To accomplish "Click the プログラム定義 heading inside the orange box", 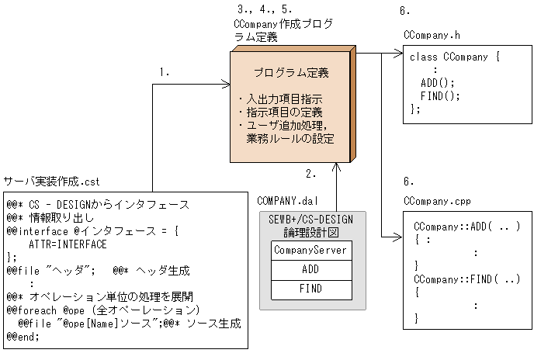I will click(x=291, y=73).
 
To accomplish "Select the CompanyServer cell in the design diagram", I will click(x=310, y=251).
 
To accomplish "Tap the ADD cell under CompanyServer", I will click(x=310, y=269).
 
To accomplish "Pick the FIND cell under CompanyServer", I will click(x=310, y=288).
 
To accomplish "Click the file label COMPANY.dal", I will click(x=288, y=200).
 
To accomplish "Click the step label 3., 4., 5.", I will click(x=264, y=10).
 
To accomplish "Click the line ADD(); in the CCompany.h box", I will click(x=437, y=82).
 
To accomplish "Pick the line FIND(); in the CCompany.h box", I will click(x=440, y=95).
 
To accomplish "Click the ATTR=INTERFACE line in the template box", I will click(x=68, y=244).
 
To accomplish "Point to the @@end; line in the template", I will click(x=23, y=336).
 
